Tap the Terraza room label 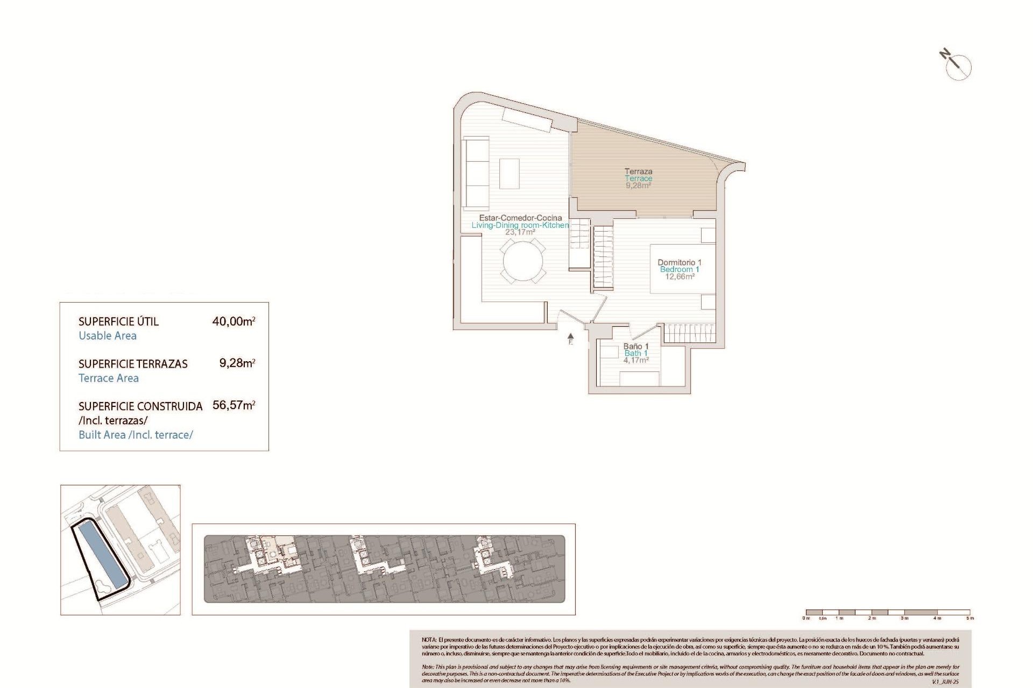pyautogui.click(x=638, y=171)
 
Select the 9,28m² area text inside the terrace pyautogui.click(x=638, y=185)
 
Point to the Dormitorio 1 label pyautogui.click(x=680, y=262)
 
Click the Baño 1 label pyautogui.click(x=636, y=346)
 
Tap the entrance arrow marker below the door pyautogui.click(x=571, y=338)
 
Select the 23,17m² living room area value pyautogui.click(x=520, y=232)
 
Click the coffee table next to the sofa pyautogui.click(x=509, y=173)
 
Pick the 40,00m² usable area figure pyautogui.click(x=234, y=321)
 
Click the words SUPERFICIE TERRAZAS pyautogui.click(x=133, y=364)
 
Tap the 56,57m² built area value pyautogui.click(x=234, y=405)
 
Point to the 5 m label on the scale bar pyautogui.click(x=970, y=618)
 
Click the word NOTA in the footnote pyautogui.click(x=429, y=640)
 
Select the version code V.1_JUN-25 pyautogui.click(x=945, y=682)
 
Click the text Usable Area pyautogui.click(x=108, y=336)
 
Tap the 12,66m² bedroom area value pyautogui.click(x=680, y=277)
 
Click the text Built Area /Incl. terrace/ pyautogui.click(x=136, y=435)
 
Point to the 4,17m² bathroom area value pyautogui.click(x=636, y=360)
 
